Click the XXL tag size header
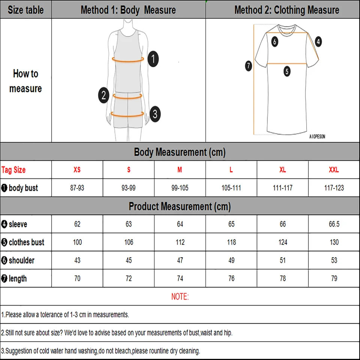coord(334,170)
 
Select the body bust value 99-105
coord(180,188)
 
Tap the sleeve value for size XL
coord(282,224)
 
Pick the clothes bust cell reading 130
coord(334,242)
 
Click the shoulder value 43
coord(77,260)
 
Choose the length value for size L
coord(231,278)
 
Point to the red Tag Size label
coord(13,170)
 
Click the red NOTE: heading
coord(180,297)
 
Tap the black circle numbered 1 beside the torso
coord(153,59)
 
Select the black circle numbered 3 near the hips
coord(155,114)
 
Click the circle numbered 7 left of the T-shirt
coord(248,66)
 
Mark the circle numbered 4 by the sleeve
coord(318,42)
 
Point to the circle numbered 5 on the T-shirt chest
coord(287,71)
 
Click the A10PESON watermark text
coord(317,137)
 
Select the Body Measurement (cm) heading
coord(180,152)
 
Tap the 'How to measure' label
coord(25,81)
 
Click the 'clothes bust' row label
coord(26,242)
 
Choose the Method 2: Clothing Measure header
coord(286,10)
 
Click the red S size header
coord(129,170)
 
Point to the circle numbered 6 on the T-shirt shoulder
coord(274,42)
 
